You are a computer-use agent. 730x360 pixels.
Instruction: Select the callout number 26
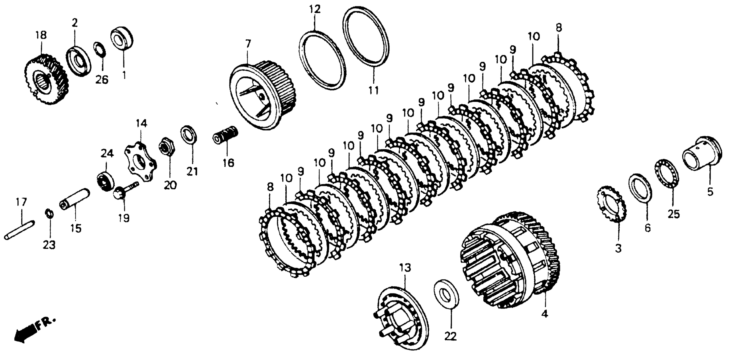[x=101, y=80]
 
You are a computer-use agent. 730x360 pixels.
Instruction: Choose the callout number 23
[x=49, y=245]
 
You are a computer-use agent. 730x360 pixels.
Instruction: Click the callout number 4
[x=544, y=314]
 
